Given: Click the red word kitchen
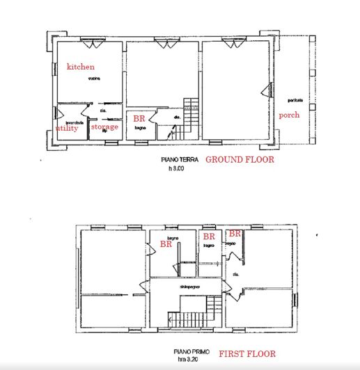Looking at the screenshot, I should [81, 67].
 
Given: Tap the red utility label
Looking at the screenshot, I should [67, 128].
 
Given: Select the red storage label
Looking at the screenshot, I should [105, 127].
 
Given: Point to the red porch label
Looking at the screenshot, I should [289, 115].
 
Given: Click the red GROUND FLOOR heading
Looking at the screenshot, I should [239, 159].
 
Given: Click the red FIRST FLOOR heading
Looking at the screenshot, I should [247, 353].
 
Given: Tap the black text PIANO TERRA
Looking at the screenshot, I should [179, 160].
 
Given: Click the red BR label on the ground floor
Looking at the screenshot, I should [139, 119].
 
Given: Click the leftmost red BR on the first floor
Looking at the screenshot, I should [166, 244].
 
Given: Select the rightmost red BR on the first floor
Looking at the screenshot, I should [235, 234].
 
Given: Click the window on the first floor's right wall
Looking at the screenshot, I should [295, 300].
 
